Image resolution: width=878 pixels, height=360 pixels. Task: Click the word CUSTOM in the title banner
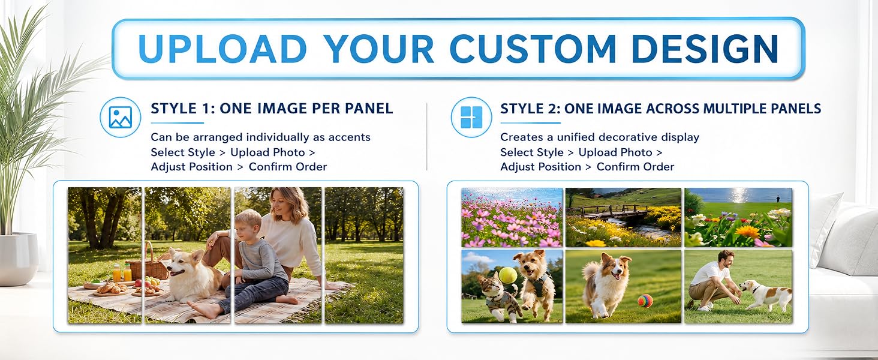[x=534, y=49]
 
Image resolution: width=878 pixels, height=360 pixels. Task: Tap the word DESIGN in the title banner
[x=705, y=49]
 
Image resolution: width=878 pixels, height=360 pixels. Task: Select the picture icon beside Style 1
[x=121, y=117]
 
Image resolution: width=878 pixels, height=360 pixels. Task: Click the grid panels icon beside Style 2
[x=471, y=117]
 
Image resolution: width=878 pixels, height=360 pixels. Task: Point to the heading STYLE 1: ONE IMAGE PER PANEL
[x=272, y=109]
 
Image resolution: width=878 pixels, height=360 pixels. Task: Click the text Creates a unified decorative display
[x=600, y=137]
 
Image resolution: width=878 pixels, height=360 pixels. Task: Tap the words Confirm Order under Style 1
[x=288, y=167]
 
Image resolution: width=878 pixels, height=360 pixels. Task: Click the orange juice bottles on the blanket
[x=122, y=273]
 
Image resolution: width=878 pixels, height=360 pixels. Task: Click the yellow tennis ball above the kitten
[x=508, y=275]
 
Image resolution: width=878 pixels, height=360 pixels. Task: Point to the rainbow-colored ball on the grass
[x=645, y=301]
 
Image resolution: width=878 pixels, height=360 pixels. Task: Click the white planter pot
[x=19, y=258]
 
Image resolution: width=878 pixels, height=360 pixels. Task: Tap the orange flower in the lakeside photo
[x=747, y=232]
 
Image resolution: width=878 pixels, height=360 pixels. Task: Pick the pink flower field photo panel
[x=512, y=217]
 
